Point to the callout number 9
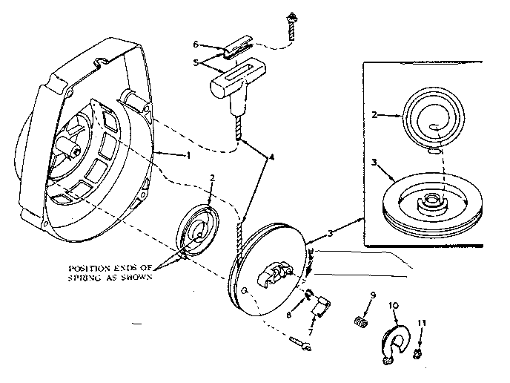coord(372,296)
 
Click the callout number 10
coord(393,304)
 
